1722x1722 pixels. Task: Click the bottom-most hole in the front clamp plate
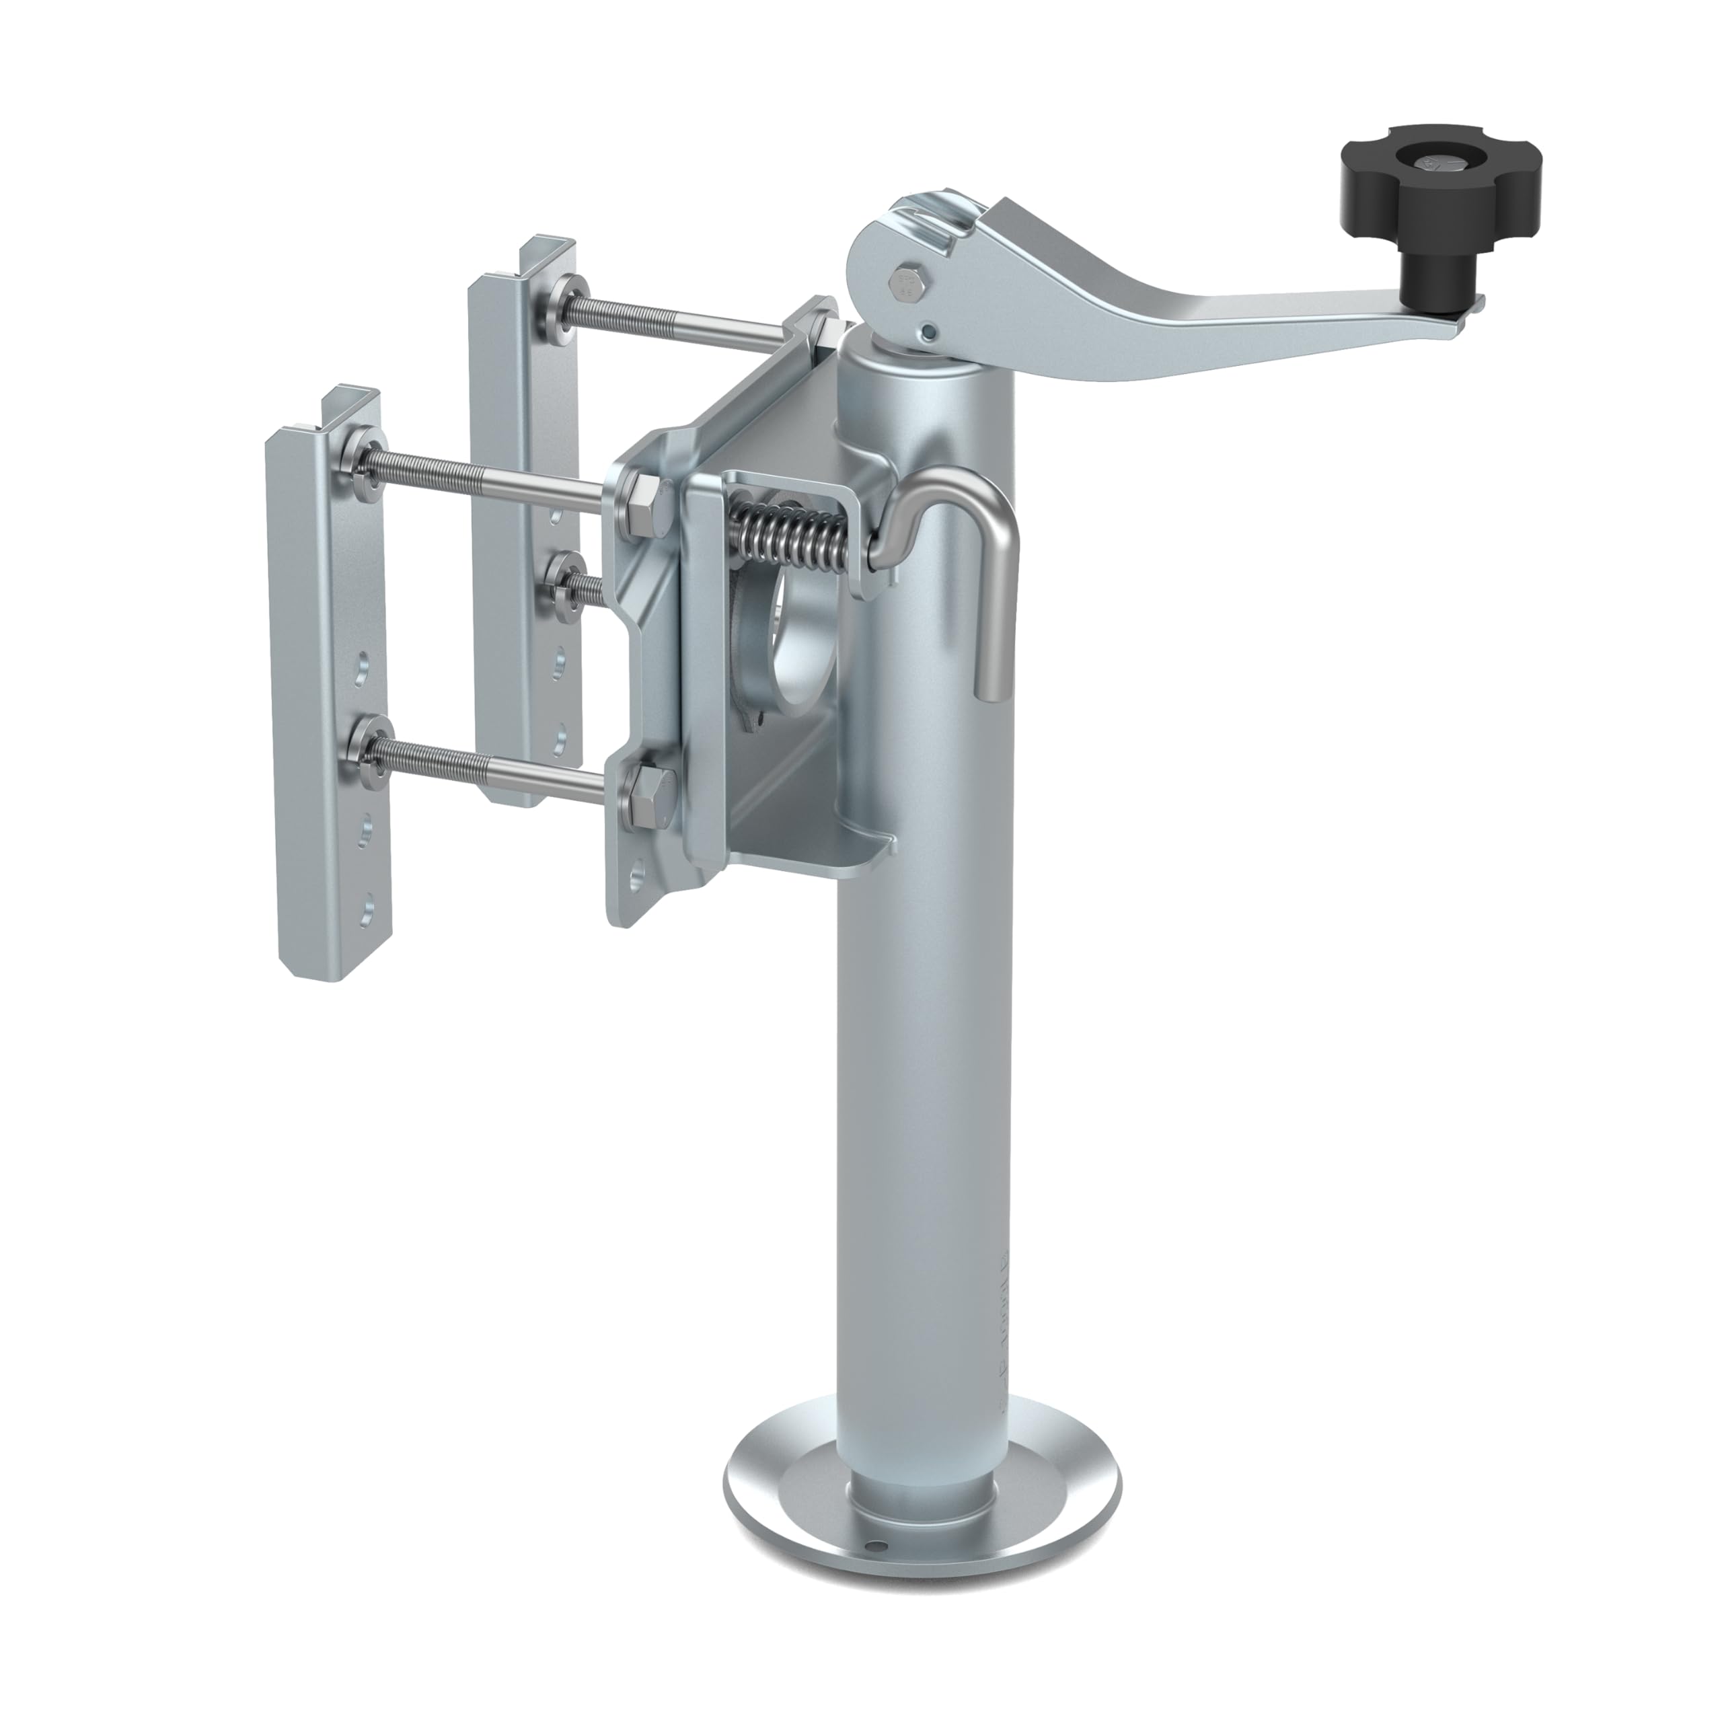coord(367,912)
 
